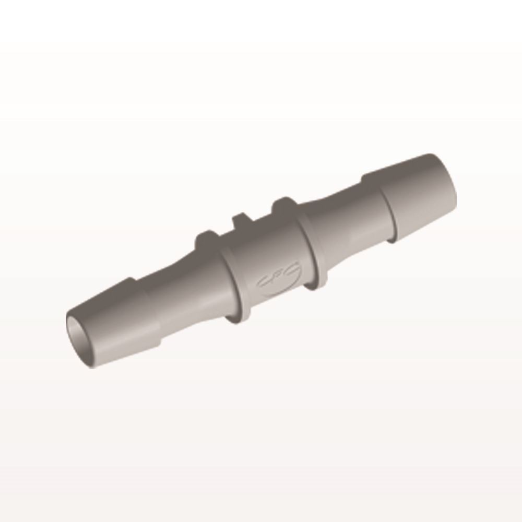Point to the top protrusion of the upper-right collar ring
[x=282, y=203]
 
